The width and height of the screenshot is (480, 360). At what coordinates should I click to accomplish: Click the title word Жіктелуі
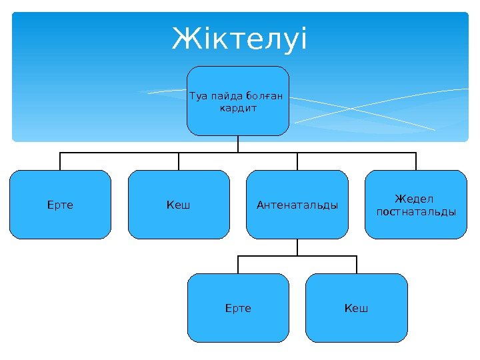(240, 39)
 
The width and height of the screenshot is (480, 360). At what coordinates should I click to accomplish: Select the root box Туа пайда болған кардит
(238, 117)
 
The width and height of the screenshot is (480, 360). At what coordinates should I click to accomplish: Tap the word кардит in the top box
(238, 107)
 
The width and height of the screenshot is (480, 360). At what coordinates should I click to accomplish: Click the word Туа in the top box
(199, 95)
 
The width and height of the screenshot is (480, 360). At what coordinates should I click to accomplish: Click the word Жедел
(415, 199)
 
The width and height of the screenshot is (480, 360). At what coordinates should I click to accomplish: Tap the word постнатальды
(416, 211)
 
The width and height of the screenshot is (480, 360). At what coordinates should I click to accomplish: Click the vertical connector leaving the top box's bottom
(238, 143)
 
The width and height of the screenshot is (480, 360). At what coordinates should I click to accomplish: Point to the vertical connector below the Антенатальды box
(297, 247)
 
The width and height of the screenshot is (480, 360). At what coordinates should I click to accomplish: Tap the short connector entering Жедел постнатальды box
(416, 161)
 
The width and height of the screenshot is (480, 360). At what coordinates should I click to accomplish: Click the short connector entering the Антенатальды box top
(297, 161)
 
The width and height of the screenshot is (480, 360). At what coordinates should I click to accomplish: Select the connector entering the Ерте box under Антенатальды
(238, 265)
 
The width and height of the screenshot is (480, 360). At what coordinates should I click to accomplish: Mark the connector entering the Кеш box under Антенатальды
(357, 265)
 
